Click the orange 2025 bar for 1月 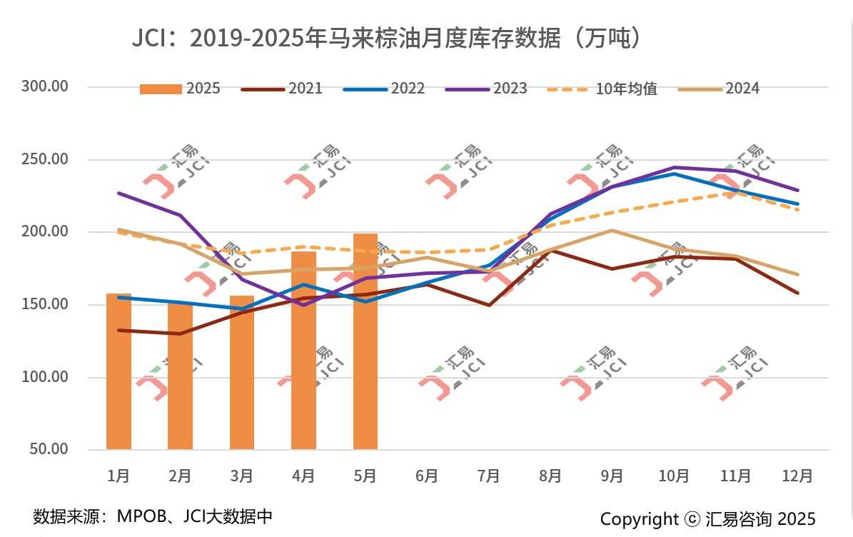click(x=118, y=371)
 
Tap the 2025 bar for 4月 click(x=303, y=350)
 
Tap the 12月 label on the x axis click(x=797, y=476)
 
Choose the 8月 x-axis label click(x=550, y=476)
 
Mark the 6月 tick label click(x=427, y=476)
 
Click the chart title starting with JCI click(x=385, y=38)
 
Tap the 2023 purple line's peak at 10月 click(x=674, y=167)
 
